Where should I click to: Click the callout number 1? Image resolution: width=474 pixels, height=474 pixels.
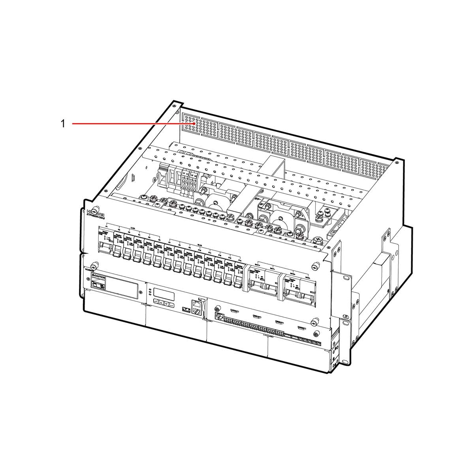coord(62,124)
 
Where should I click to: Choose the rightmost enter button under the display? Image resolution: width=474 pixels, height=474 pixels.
coord(173,305)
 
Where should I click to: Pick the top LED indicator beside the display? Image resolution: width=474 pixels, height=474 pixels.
coord(150,290)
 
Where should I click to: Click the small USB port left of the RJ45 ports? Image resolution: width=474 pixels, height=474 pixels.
coord(184,308)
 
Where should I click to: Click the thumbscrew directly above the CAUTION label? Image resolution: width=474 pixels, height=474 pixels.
coord(94,265)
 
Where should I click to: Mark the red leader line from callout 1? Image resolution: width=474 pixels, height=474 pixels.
coord(130,124)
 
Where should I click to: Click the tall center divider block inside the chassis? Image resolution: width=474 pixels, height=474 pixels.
coord(273,174)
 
